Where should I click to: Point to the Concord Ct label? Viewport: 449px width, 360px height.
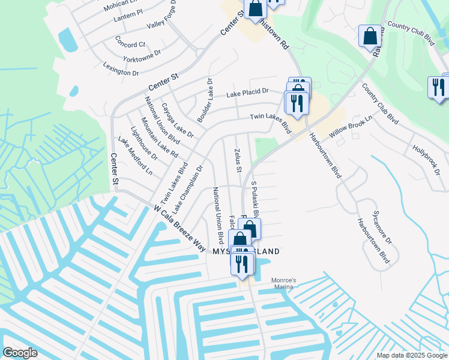tap(130, 44)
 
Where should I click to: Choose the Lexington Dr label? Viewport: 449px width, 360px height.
tap(121, 68)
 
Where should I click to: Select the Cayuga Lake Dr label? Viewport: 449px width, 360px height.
tap(177, 121)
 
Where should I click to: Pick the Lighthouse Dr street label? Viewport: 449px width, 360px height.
tap(144, 143)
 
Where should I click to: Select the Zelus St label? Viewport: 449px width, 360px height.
tap(238, 161)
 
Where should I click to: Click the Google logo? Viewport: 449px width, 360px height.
tap(20, 353)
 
